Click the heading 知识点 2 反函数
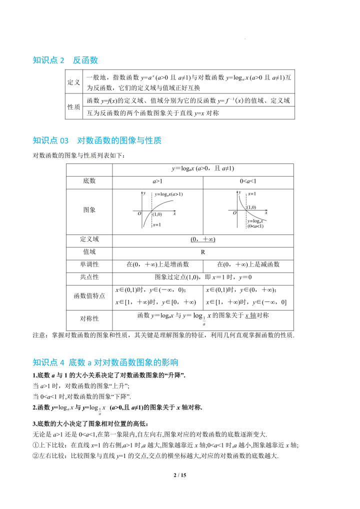click(x=65, y=60)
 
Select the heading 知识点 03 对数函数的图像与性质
click(x=97, y=140)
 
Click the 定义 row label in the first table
click(x=74, y=83)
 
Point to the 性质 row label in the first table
click(x=74, y=106)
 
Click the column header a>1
click(x=157, y=181)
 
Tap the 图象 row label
click(x=89, y=210)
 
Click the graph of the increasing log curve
click(x=157, y=209)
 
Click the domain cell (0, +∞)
click(x=202, y=239)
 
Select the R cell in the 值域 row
click(x=202, y=252)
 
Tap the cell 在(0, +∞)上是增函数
click(x=157, y=264)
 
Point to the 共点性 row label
click(x=89, y=277)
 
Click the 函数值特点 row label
click(x=89, y=295)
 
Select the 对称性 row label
click(x=89, y=318)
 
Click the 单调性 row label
click(x=89, y=264)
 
